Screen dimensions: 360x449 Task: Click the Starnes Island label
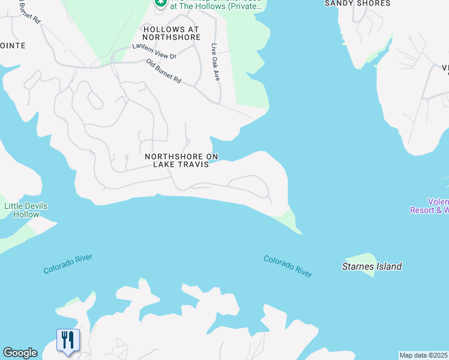point(371,266)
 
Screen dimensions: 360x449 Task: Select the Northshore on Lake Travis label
point(181,160)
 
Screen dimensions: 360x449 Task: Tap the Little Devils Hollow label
point(26,210)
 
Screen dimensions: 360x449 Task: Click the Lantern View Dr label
point(154,51)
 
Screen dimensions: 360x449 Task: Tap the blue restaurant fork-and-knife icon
point(67,340)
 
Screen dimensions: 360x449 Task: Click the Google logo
point(20,353)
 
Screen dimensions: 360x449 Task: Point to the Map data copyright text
point(424,355)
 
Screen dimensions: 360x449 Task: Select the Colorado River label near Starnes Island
point(288,266)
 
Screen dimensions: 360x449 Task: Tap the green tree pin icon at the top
point(160,3)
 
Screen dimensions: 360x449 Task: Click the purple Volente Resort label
point(430,206)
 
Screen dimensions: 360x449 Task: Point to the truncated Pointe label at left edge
point(13,46)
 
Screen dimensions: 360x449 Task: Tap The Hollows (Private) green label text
point(216,6)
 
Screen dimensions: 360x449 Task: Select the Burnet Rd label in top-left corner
point(29,13)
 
